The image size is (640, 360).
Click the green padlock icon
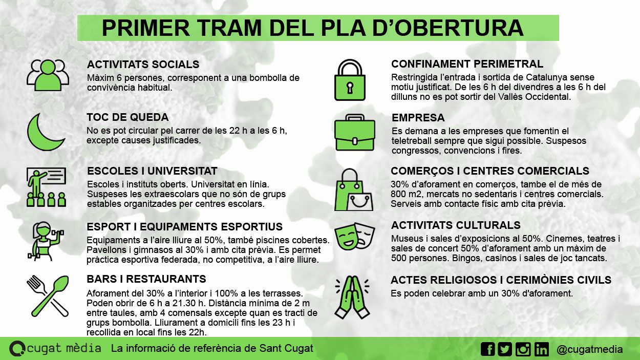[349, 80]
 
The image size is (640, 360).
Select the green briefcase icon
[354, 133]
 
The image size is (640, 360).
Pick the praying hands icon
[353, 297]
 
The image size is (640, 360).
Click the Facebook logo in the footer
[488, 349]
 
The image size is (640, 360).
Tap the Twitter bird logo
[505, 349]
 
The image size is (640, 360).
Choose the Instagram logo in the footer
[523, 349]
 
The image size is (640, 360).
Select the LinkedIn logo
[541, 349]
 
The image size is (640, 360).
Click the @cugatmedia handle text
[589, 350]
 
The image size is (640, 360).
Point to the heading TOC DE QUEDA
[127, 117]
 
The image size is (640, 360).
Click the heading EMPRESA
[418, 118]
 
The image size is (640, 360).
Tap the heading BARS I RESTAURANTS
[146, 279]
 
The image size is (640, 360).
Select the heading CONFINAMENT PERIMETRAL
[467, 64]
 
